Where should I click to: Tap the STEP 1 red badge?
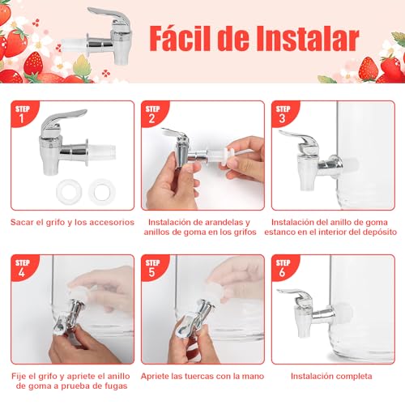(x=22, y=114)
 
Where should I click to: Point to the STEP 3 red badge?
(x=283, y=114)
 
